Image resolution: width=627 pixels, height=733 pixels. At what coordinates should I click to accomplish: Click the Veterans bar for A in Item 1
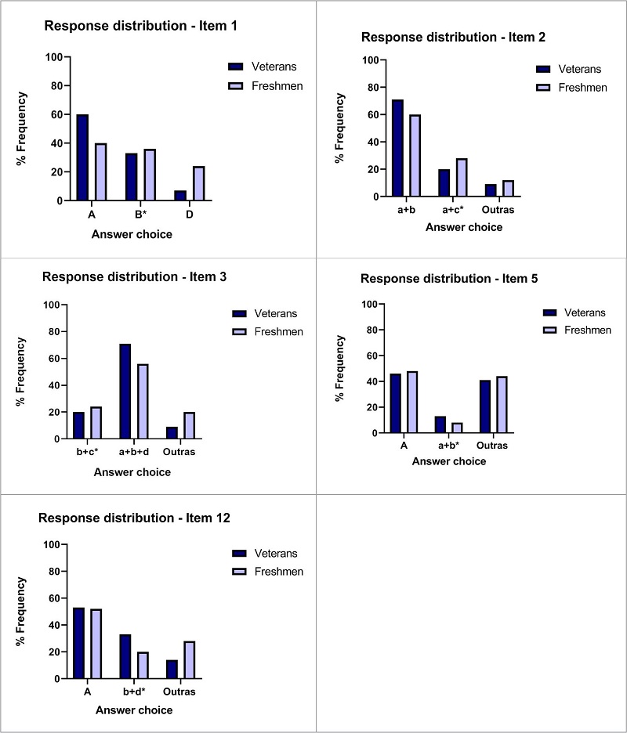82,157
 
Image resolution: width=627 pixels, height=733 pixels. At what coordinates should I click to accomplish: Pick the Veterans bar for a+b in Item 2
398,148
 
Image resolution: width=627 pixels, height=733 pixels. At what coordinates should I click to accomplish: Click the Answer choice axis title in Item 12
133,710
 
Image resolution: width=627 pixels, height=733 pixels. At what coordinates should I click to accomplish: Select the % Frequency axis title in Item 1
23,128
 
